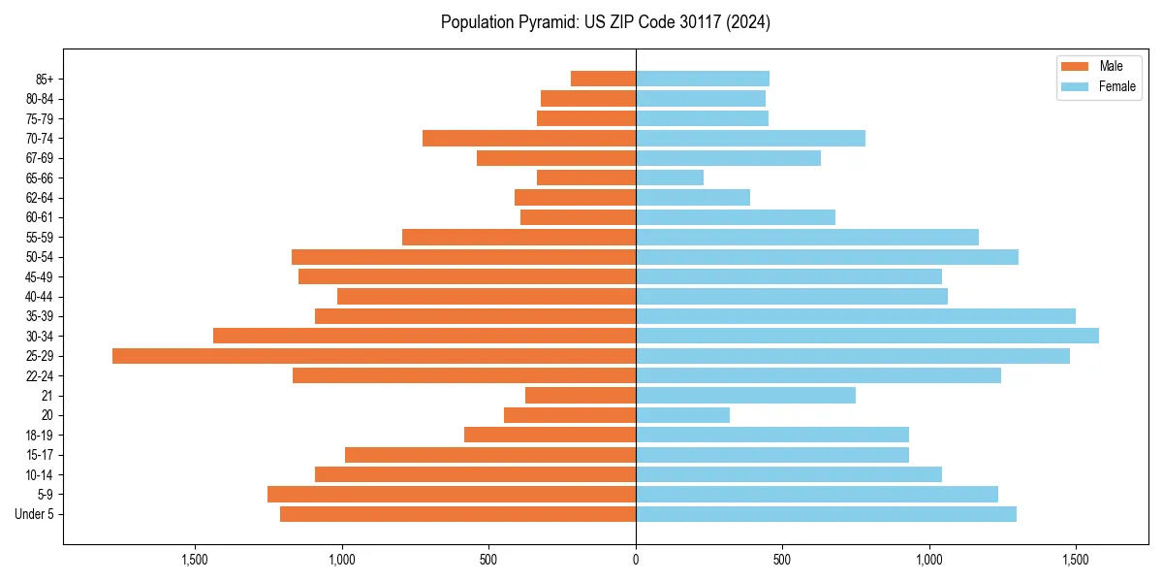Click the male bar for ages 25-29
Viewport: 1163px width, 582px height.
[x=374, y=356]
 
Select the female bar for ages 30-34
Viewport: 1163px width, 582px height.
[x=867, y=336]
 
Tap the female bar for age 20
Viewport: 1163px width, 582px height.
[x=682, y=415]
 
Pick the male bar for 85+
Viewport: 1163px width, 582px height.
[x=603, y=79]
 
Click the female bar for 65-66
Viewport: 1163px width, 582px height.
[x=670, y=178]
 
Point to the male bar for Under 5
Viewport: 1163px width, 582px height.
[x=457, y=514]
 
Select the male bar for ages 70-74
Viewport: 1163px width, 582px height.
[x=529, y=138]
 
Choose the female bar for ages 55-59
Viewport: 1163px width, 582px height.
[x=807, y=237]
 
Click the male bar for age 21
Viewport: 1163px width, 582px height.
[x=581, y=396]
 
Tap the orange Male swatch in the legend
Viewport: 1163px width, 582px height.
[x=1076, y=66]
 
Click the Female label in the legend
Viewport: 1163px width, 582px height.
[x=1116, y=86]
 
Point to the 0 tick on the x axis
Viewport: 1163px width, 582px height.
[x=636, y=560]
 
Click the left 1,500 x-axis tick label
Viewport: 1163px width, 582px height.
[x=195, y=560]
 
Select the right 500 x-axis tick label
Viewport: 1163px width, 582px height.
[x=782, y=560]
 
